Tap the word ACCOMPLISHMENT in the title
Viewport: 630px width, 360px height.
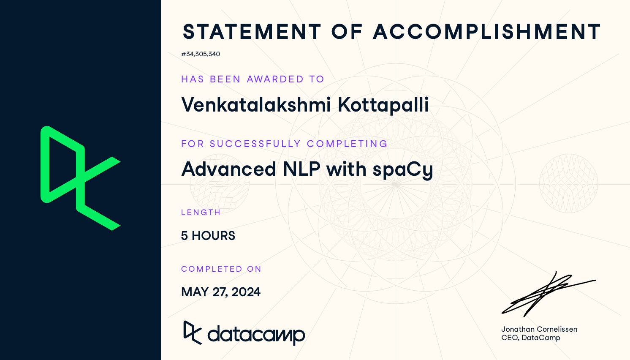coord(487,32)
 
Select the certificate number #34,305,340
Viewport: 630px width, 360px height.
coord(201,54)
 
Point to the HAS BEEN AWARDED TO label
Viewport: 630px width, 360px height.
coord(253,79)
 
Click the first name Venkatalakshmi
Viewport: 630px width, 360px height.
coord(256,104)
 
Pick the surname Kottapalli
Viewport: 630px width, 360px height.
coord(383,105)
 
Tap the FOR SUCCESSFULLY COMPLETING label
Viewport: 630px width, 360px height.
coord(284,144)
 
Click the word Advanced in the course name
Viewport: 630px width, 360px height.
coord(229,169)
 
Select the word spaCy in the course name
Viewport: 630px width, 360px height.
coord(403,169)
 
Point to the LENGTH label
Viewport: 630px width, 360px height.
coord(201,212)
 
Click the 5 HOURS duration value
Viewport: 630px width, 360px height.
coord(208,236)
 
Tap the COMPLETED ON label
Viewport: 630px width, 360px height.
coord(221,269)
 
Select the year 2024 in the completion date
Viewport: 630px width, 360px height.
coord(246,292)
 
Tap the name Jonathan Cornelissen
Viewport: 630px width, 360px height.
coord(539,329)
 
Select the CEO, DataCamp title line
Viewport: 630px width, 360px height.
coord(531,338)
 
